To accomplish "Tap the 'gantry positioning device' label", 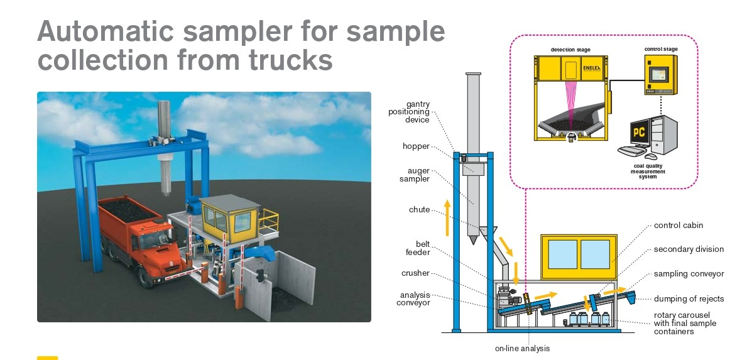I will point(408,112).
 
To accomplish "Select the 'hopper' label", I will point(416,146).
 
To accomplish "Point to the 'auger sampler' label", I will point(415,174).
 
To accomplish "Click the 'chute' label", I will point(420,210).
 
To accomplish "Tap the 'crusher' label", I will point(415,273).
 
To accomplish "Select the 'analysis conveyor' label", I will point(415,298).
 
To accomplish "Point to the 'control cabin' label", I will point(678,225).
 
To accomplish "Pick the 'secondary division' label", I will point(689,249).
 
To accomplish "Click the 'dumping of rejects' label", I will point(689,299).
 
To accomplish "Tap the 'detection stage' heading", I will point(570,50).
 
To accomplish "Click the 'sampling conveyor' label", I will point(689,274).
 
